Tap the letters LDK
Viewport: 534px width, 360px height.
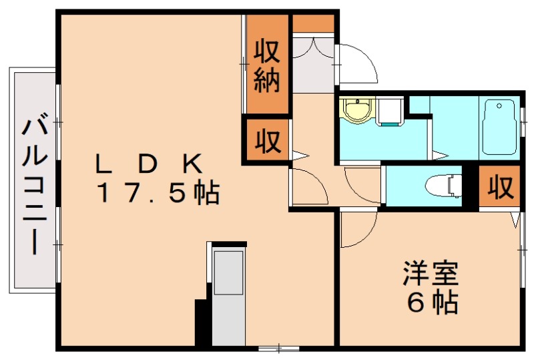pos(148,162)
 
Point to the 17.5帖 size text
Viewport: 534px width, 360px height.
pos(159,194)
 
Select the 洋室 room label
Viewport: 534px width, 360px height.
pos(430,274)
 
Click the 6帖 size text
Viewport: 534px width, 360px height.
pos(432,303)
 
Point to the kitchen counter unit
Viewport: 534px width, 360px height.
pos(228,294)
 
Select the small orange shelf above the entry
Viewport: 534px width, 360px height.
pos(313,23)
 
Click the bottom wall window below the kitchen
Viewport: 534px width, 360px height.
pos(279,348)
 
